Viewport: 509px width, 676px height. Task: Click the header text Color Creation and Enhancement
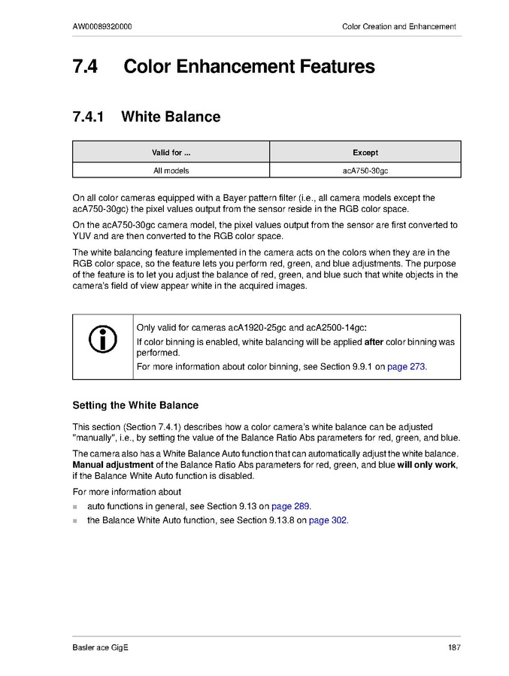398,26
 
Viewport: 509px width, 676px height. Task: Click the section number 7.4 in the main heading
86,67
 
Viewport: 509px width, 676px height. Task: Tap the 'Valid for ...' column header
171,152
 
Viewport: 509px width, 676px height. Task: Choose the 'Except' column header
365,152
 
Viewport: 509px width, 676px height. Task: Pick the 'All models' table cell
171,171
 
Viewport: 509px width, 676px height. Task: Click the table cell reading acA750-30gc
365,171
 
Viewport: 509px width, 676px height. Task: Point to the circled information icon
103,340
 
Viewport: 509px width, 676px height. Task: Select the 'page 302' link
329,520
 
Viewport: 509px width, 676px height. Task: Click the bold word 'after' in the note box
374,341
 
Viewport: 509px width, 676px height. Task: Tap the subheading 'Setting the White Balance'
135,405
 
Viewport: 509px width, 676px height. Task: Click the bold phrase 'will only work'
426,465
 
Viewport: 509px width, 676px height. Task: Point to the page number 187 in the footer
453,647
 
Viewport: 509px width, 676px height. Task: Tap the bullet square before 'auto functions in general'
75,507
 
